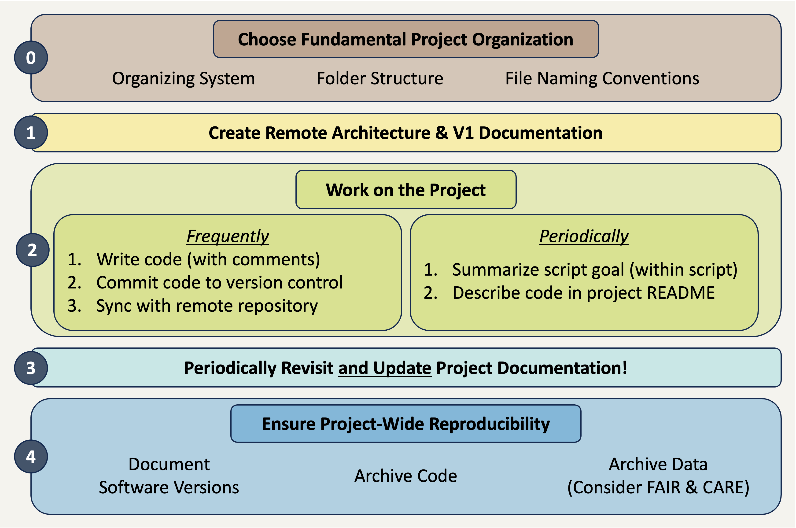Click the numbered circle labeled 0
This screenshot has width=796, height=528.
(x=31, y=58)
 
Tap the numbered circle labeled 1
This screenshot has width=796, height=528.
(x=31, y=133)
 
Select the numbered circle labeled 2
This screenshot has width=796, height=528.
(x=32, y=250)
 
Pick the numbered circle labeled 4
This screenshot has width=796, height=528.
(x=31, y=456)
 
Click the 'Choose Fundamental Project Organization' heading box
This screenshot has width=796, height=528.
(x=406, y=39)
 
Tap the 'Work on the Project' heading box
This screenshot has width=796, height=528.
(x=406, y=190)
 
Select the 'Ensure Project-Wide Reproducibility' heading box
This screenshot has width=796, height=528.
(x=406, y=424)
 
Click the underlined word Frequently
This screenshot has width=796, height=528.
(x=228, y=236)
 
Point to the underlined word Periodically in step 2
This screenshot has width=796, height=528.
(x=584, y=236)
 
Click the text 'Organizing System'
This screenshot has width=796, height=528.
(x=184, y=78)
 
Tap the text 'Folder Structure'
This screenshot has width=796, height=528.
(x=380, y=78)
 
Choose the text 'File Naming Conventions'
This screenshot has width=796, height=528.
(x=602, y=78)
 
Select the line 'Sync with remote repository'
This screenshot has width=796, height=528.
(x=207, y=306)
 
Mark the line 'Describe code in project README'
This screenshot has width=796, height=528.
(x=583, y=293)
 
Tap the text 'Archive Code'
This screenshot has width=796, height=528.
(x=406, y=476)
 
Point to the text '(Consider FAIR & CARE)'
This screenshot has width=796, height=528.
(x=658, y=487)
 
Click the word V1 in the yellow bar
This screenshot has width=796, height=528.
(x=463, y=133)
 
